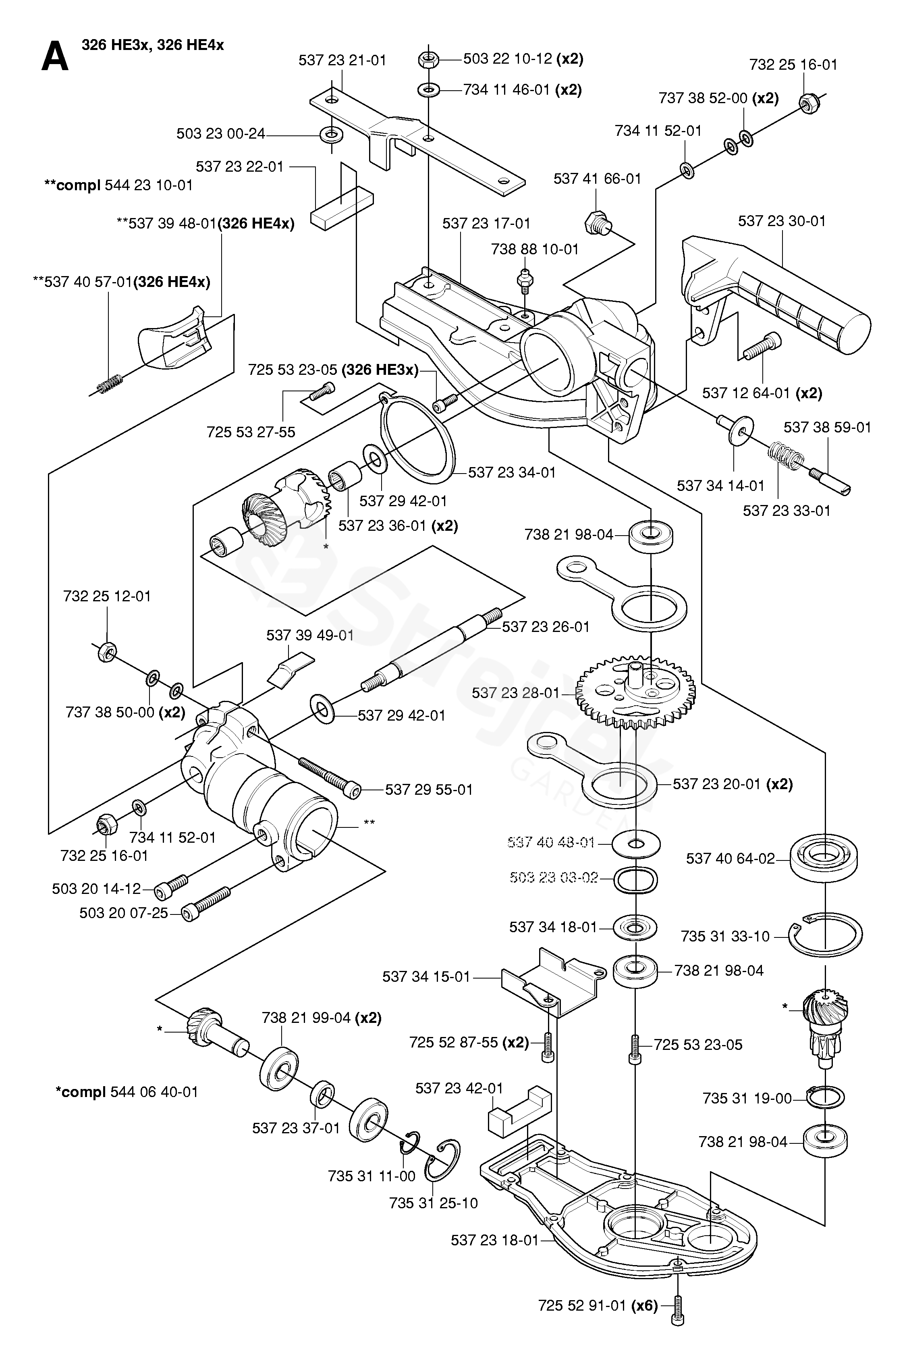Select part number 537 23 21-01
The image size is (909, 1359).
point(342,60)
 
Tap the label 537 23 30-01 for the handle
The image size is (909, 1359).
point(781,221)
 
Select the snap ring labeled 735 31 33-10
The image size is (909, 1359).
point(825,935)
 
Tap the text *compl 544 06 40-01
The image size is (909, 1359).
point(127,1092)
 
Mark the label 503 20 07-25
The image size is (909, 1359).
point(123,914)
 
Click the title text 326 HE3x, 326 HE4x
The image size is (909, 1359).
point(152,45)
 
